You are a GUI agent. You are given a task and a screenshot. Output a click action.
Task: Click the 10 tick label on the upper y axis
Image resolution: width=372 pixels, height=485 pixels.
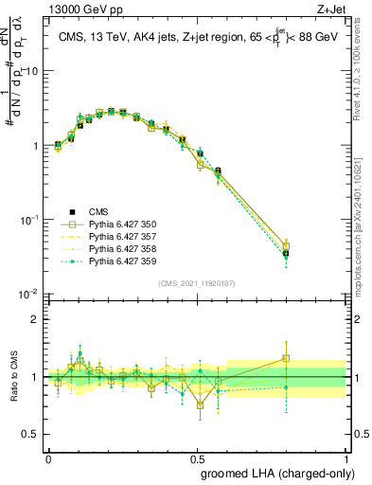pos(32,72)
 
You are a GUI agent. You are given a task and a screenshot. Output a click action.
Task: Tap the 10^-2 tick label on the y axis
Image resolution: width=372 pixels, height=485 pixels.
pos(30,295)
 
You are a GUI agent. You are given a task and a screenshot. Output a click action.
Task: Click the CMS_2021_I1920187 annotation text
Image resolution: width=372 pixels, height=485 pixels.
pos(196,283)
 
